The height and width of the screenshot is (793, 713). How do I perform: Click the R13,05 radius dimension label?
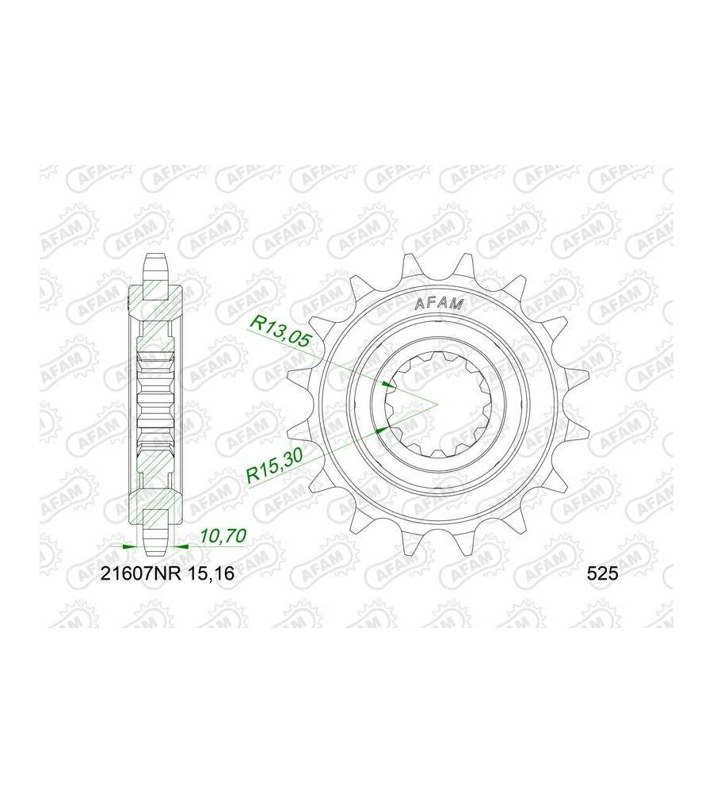[280, 331]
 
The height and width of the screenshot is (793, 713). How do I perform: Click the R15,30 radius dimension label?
[274, 465]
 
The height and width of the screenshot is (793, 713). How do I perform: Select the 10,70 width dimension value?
[223, 535]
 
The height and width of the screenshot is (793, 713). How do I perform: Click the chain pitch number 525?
[602, 573]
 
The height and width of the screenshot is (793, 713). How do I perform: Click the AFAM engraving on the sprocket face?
[439, 304]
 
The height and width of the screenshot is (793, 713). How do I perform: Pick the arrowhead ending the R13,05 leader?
[388, 385]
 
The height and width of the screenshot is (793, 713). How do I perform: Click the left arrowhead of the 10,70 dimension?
[131, 546]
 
